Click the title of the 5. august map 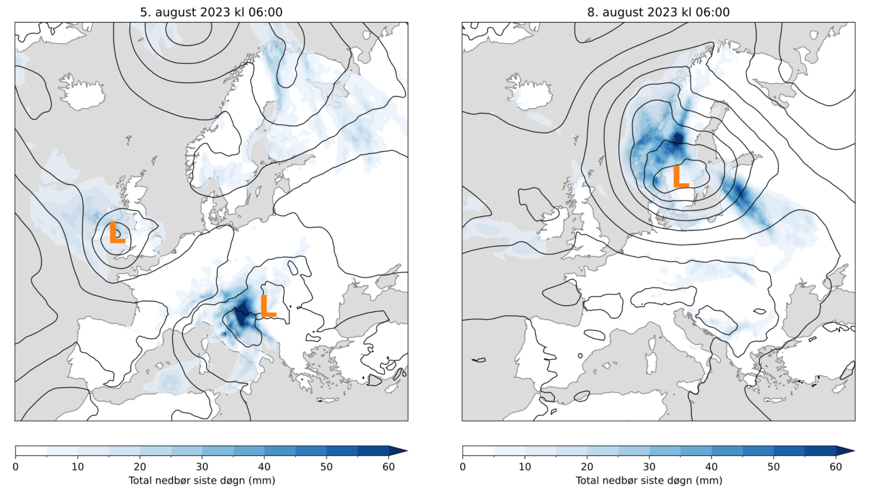tap(211, 12)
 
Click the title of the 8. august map tap(658, 12)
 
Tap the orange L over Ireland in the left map tap(117, 232)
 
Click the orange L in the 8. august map tap(680, 177)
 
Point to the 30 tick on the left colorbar tap(202, 467)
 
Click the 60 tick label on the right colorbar tap(836, 467)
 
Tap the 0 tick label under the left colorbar tap(16, 467)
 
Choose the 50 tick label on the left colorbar tap(326, 467)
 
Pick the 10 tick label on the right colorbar tap(525, 467)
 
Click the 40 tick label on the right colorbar tap(711, 467)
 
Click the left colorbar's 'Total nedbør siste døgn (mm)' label tap(202, 480)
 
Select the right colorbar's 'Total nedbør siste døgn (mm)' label tap(649, 480)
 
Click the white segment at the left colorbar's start tap(31, 451)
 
